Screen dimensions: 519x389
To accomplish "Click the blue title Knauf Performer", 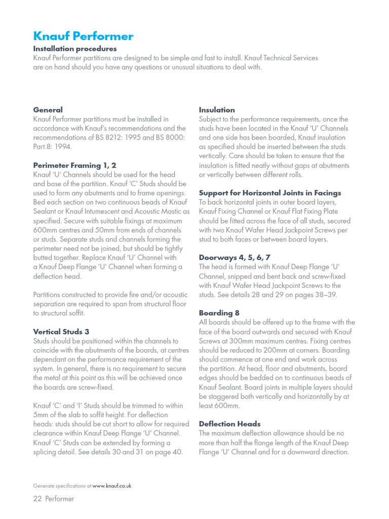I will tap(83, 36).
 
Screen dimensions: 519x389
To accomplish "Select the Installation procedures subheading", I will tap(75, 49).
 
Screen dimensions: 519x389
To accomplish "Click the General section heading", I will tap(48, 110).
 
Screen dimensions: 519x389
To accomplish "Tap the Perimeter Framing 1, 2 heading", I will tap(74, 165).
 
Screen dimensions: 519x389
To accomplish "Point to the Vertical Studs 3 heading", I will tap(61, 331).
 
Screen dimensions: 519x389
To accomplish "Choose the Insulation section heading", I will tap(217, 110).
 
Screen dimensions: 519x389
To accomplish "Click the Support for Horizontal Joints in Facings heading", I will tap(270, 193).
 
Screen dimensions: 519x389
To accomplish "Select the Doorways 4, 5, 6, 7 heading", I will tap(235, 257).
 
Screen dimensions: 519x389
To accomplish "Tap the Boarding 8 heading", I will tap(219, 313).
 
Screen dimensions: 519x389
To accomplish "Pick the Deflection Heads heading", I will tap(229, 424).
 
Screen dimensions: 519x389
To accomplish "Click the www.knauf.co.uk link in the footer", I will tap(112, 486).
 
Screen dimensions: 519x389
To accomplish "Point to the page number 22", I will tap(37, 499).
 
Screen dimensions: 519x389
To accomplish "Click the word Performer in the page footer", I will tap(60, 499).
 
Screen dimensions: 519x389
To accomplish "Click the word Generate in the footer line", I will tap(43, 486).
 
